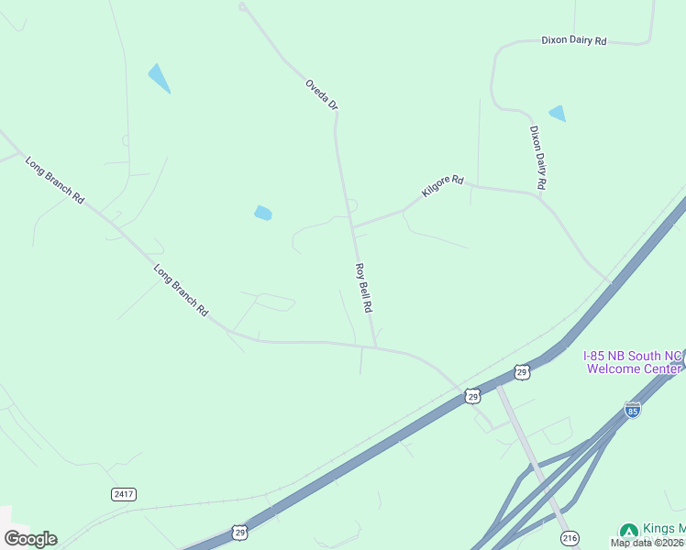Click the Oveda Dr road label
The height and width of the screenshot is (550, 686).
pos(322,95)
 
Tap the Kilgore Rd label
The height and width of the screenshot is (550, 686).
pos(443,187)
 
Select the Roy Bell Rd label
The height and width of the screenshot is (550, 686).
pos(363,287)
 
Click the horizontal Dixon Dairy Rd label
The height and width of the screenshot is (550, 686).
pos(574,40)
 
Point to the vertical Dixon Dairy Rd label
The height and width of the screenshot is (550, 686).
pos(538,158)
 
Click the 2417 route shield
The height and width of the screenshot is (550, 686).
pos(124,494)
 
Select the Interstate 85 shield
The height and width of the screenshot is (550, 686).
pos(632,409)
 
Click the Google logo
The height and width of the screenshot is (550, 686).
pos(30,539)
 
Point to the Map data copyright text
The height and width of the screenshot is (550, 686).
pos(647,543)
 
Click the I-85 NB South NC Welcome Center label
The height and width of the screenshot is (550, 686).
pos(633,361)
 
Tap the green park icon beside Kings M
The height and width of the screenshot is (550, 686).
pos(628,532)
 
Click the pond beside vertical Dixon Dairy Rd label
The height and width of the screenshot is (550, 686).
pos(557,114)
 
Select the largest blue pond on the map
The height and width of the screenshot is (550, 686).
pos(159,78)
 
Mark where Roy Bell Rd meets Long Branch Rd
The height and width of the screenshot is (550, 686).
pos(375,346)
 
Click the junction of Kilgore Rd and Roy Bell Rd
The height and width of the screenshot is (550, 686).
pos(353,225)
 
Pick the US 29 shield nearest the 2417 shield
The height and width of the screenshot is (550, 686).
pos(239,533)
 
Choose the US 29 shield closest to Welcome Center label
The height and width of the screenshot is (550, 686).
pos(522,371)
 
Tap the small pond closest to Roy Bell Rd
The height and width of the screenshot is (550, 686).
pos(263,214)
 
